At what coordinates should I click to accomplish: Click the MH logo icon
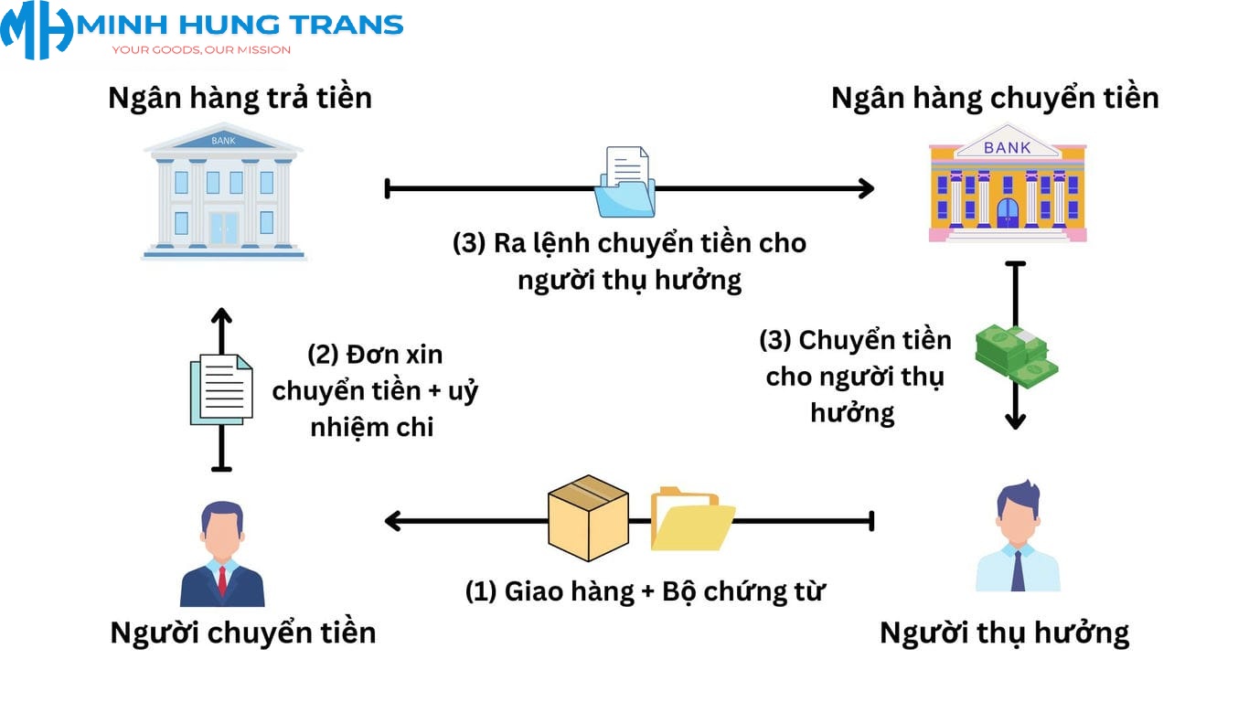click(x=37, y=29)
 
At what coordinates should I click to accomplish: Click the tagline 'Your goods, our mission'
click(x=201, y=49)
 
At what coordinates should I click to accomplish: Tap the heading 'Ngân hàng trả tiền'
click(x=240, y=98)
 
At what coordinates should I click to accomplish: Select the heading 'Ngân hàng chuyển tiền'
click(x=995, y=98)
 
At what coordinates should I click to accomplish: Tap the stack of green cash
click(x=1016, y=355)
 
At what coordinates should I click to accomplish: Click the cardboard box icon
click(x=588, y=516)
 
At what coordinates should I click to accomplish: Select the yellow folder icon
click(x=692, y=520)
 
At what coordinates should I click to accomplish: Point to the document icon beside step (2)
click(x=221, y=389)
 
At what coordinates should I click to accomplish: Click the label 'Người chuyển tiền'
click(x=243, y=633)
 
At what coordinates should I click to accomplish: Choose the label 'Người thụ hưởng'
click(x=1004, y=633)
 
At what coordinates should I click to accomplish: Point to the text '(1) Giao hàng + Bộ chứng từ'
click(x=646, y=591)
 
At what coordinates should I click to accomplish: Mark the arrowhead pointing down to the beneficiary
click(x=1015, y=420)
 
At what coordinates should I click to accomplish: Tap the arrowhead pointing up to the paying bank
click(x=221, y=317)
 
